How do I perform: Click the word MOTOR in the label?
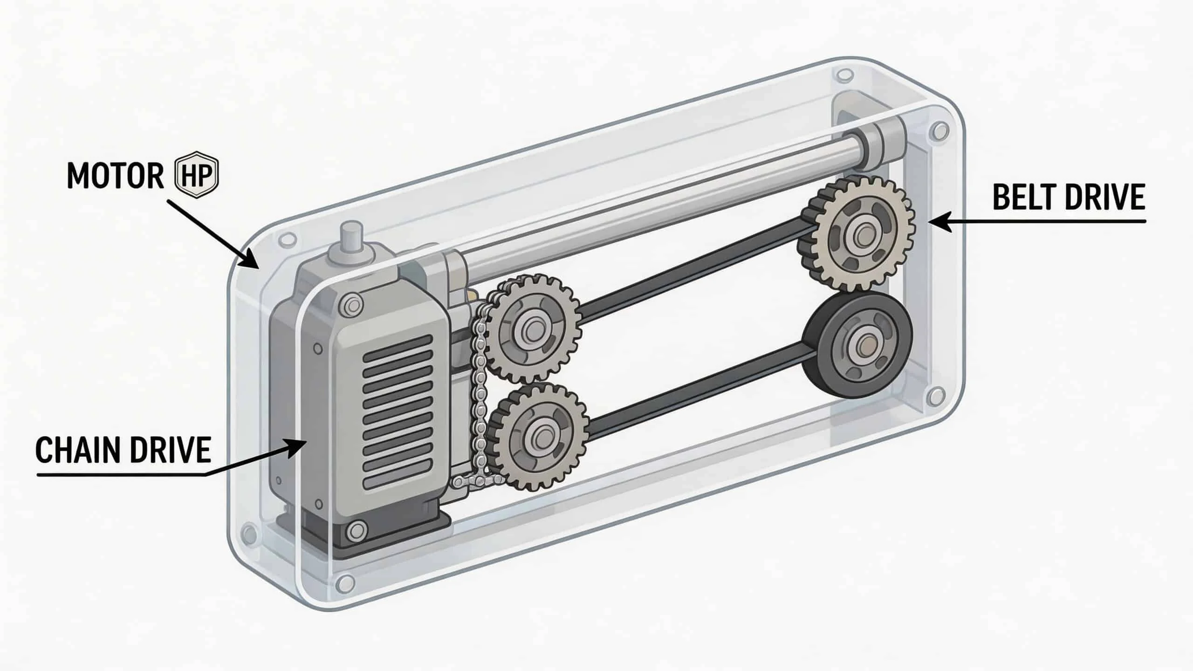[116, 176]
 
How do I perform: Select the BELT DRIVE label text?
[1069, 197]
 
